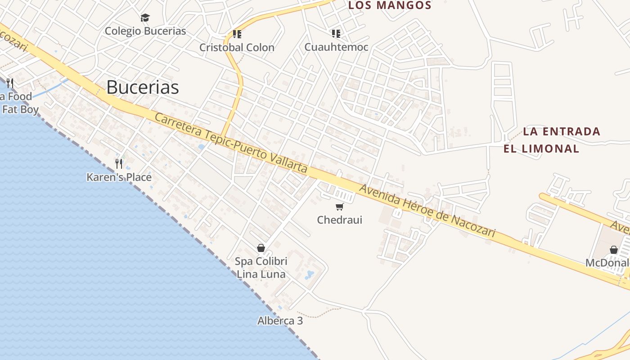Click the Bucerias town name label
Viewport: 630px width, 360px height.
click(143, 87)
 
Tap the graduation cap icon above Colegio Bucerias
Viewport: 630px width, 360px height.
click(145, 18)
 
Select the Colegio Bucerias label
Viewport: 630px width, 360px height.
click(145, 31)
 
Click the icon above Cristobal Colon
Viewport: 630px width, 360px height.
click(237, 34)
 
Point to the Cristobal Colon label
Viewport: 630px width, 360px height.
click(237, 47)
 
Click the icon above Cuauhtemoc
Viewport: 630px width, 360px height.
click(336, 33)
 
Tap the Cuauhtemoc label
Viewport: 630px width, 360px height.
click(336, 47)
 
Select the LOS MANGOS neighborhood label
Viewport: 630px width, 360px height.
click(390, 5)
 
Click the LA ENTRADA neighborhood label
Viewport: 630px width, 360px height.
click(562, 131)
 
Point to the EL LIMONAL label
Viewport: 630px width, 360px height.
click(541, 149)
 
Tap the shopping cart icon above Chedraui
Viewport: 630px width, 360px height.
click(339, 207)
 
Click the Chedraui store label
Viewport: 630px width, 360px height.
click(339, 220)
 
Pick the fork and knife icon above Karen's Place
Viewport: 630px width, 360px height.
click(119, 163)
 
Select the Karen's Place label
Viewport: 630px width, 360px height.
click(119, 177)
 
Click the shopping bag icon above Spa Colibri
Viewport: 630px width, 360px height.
click(261, 248)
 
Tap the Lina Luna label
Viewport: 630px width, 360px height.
click(261, 274)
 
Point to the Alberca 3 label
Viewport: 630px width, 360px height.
click(280, 321)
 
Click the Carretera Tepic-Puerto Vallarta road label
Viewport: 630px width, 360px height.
click(231, 143)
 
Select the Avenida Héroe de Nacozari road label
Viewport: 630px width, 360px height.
click(427, 211)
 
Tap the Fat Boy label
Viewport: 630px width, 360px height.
click(20, 109)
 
